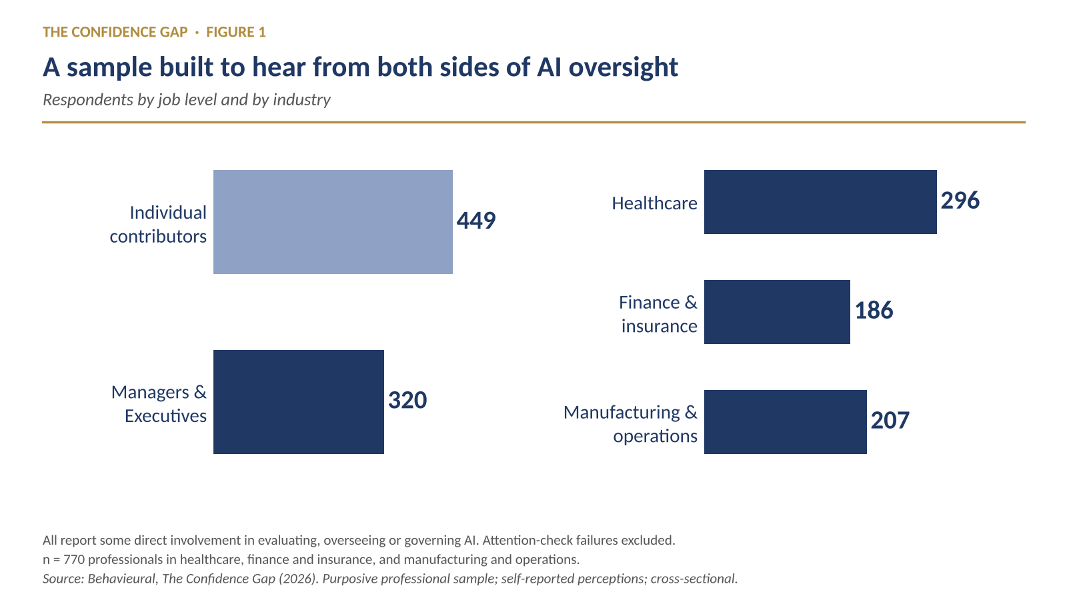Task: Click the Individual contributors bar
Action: click(333, 222)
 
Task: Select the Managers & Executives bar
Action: click(299, 402)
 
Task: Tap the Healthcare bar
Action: click(820, 202)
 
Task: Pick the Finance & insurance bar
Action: click(777, 312)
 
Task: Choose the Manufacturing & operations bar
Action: click(786, 422)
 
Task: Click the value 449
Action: click(476, 221)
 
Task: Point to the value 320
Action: click(407, 400)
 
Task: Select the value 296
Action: click(960, 201)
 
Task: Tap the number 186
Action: click(874, 311)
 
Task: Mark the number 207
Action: click(890, 421)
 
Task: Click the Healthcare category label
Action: click(654, 203)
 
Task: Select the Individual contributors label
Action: click(158, 224)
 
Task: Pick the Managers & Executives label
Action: click(159, 404)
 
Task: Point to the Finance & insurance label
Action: click(658, 314)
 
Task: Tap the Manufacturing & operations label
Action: click(630, 424)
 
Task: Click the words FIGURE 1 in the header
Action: click(236, 32)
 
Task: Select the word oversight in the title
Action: click(623, 67)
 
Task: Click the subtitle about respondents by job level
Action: click(187, 99)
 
